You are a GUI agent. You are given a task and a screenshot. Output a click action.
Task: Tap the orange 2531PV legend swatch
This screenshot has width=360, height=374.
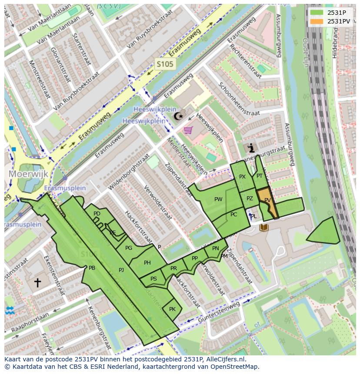(317, 21)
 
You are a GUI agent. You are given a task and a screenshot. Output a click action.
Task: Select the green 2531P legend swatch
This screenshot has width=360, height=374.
(317, 12)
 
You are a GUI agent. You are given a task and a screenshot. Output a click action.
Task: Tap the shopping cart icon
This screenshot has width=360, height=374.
(188, 129)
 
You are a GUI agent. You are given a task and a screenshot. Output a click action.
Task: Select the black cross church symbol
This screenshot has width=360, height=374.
(38, 283)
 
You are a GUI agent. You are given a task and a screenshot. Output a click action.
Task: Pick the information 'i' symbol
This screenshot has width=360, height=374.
(251, 148)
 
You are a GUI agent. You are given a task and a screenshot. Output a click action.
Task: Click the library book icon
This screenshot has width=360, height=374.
(263, 227)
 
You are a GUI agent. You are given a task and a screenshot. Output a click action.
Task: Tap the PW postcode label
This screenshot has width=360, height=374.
(218, 199)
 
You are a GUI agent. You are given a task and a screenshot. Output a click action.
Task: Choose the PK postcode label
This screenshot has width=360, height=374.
(172, 309)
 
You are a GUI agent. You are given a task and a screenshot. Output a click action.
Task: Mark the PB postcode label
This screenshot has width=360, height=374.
(92, 268)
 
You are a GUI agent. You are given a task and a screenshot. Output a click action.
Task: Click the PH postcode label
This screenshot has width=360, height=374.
(147, 263)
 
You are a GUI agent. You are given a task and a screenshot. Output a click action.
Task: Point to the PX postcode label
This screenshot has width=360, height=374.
(242, 177)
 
